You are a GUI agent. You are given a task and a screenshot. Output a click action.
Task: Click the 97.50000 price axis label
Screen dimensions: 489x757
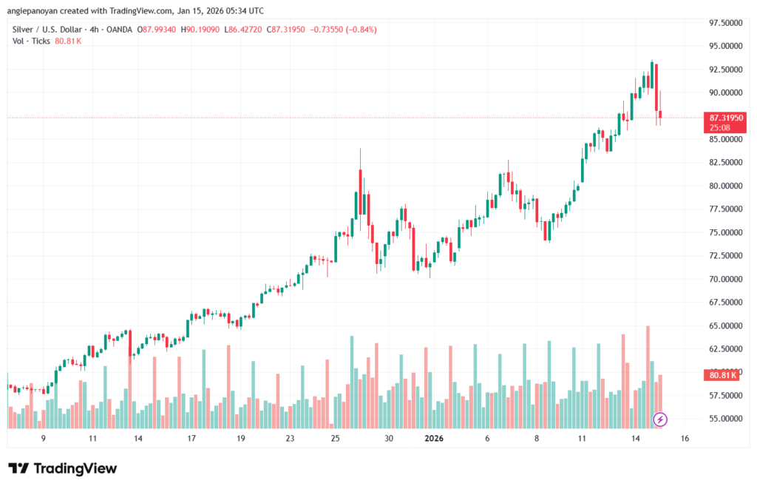pyautogui.click(x=725, y=23)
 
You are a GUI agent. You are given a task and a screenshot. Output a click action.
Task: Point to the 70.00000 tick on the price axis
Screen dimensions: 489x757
pyautogui.click(x=725, y=279)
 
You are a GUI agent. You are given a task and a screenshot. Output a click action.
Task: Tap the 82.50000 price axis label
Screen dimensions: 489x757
pyautogui.click(x=725, y=162)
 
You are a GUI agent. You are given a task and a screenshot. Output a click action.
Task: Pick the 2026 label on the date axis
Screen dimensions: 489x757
pyautogui.click(x=433, y=439)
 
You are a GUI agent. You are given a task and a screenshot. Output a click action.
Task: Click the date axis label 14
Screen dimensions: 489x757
pyautogui.click(x=635, y=439)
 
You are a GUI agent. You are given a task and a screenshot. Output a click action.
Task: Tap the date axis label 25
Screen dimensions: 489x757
pyautogui.click(x=335, y=439)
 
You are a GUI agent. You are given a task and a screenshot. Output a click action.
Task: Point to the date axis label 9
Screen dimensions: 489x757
pyautogui.click(x=44, y=439)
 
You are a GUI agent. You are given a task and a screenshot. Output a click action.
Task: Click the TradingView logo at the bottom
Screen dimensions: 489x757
pyautogui.click(x=63, y=468)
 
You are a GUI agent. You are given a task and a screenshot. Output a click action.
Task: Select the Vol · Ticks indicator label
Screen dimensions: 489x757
pyautogui.click(x=31, y=41)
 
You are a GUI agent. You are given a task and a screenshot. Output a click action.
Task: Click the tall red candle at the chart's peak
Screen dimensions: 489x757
pyautogui.click(x=656, y=87)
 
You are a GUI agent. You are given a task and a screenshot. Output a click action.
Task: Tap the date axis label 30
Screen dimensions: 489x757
pyautogui.click(x=388, y=439)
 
